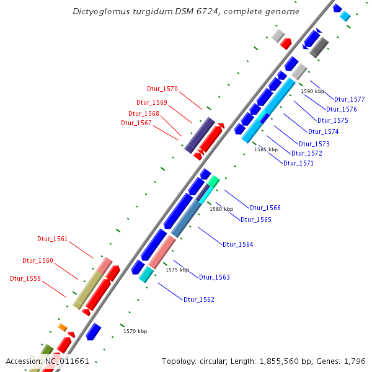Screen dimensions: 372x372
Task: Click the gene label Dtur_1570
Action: click(x=162, y=89)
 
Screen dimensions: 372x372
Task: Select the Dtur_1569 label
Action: click(x=151, y=102)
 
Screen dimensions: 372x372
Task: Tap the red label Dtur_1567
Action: click(x=136, y=123)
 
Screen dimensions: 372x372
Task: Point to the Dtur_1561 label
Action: click(x=53, y=239)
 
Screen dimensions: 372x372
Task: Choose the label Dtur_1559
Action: click(x=25, y=278)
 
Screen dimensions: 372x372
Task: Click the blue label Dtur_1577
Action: click(x=350, y=99)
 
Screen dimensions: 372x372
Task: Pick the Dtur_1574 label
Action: click(x=324, y=131)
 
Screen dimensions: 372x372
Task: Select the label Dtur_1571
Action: click(x=299, y=164)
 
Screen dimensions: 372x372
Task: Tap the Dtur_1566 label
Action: click(x=265, y=208)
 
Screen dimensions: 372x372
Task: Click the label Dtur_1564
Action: click(x=238, y=244)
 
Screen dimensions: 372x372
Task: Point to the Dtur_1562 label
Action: click(x=199, y=299)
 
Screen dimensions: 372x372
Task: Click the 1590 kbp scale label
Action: click(x=312, y=91)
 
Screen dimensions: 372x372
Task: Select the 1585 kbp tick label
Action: click(x=266, y=149)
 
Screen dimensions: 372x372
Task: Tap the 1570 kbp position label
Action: click(x=135, y=331)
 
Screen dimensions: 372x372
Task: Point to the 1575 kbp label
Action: click(x=177, y=270)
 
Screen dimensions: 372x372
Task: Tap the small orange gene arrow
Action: click(x=63, y=327)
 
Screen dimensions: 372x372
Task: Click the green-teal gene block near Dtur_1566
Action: click(x=213, y=181)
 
